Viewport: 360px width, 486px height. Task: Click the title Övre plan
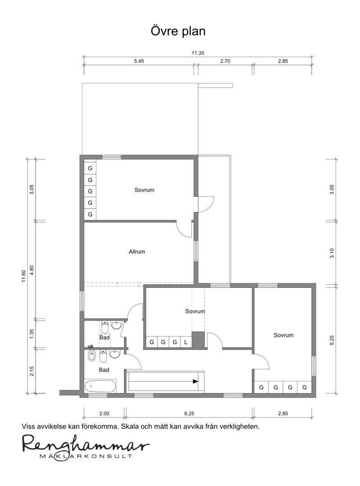point(178,32)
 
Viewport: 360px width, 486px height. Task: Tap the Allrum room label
point(137,252)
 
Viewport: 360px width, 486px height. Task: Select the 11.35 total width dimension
point(198,53)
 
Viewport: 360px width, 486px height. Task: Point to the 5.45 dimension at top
point(139,61)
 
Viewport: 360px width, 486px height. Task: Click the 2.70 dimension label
point(225,61)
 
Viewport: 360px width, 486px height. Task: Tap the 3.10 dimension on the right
point(332,253)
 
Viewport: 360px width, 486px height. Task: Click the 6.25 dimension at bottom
point(189,413)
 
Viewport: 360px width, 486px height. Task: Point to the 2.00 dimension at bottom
point(104,413)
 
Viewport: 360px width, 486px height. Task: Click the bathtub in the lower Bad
point(101,386)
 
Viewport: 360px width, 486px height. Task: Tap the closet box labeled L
point(186,342)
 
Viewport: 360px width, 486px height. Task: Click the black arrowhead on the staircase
point(195,382)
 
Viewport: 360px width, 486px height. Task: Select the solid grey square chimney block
point(198,340)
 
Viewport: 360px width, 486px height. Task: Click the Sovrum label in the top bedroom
point(144,190)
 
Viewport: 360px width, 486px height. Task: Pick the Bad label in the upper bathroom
point(105,337)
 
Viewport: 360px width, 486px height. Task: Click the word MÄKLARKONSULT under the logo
point(85,456)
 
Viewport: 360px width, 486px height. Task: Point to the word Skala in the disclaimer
point(130,426)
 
